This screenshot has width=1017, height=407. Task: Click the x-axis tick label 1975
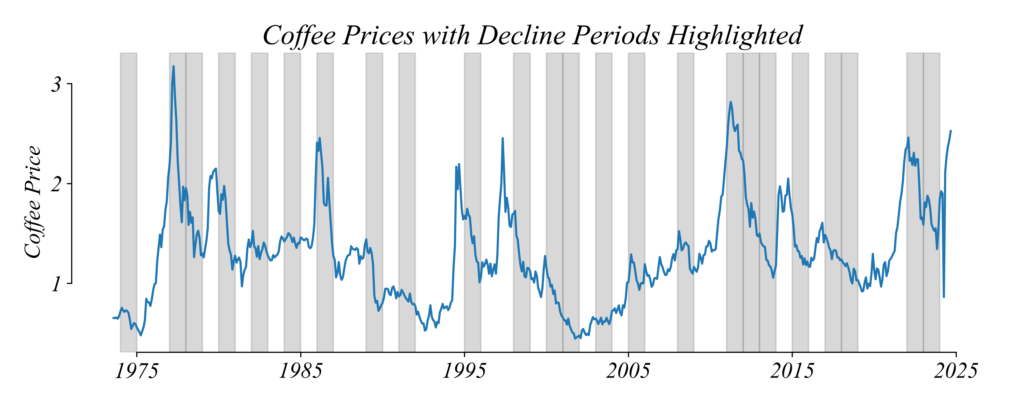coord(137,371)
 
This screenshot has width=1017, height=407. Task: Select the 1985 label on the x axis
coord(301,371)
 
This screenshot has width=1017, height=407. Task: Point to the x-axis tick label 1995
coord(464,371)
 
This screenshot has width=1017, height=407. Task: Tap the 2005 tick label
coord(628,371)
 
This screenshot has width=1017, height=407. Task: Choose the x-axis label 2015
coord(792,371)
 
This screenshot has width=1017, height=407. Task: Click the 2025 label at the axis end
coord(956,371)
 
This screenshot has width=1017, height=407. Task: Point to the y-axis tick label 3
coord(56,84)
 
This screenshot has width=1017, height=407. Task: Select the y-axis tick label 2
coord(56,184)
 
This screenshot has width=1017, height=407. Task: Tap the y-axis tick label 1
coord(56,283)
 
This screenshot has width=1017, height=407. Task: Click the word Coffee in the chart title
coord(299,36)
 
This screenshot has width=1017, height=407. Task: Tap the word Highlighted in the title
coord(735,36)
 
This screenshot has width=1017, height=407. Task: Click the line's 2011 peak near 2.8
coord(731,102)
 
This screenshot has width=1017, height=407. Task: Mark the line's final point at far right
coord(951,131)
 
